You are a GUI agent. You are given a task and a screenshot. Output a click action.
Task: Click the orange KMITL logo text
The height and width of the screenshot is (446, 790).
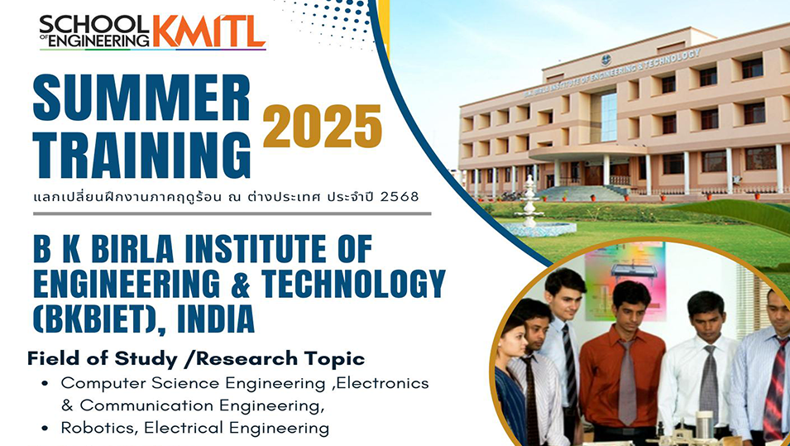209,31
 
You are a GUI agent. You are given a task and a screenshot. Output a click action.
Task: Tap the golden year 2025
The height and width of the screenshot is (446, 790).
322,126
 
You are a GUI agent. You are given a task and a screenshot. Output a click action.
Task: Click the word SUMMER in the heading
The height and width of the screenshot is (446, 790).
141,98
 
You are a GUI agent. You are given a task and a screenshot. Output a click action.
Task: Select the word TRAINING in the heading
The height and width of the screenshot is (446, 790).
141,156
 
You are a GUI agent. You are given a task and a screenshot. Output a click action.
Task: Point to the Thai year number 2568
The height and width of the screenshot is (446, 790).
400,197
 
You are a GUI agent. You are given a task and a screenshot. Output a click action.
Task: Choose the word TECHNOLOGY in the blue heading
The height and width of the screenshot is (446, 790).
353,284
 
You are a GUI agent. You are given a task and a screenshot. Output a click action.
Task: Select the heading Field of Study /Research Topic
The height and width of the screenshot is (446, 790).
196,359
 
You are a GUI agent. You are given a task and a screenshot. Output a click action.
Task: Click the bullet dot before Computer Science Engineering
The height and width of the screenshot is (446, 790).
45,383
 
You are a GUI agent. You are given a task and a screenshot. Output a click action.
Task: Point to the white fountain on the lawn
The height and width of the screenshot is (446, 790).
529,205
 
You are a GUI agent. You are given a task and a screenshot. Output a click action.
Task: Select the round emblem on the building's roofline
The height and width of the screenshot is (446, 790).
606,60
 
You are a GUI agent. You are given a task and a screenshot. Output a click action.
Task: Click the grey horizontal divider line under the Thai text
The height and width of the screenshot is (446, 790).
232,213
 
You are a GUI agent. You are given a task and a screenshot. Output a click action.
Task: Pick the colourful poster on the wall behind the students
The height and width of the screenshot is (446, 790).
625,281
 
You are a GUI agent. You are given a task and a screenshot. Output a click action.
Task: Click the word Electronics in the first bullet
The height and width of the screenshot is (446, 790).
382,383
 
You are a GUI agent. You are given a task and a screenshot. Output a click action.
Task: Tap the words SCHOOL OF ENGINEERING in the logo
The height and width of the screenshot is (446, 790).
95,31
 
